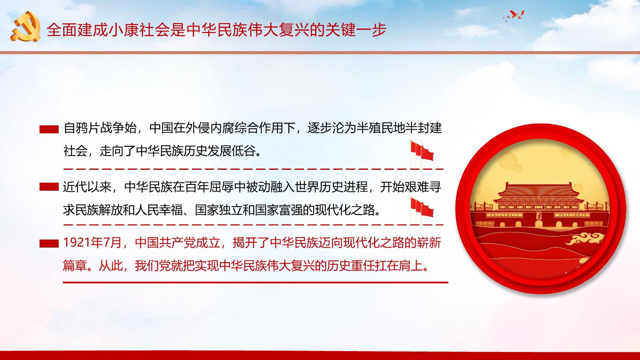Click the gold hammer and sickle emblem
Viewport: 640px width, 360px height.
26,27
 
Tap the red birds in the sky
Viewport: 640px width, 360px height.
514,16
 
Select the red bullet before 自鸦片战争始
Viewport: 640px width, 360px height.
49,129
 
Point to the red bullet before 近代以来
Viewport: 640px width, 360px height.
49,187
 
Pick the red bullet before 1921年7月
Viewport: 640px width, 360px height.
49,244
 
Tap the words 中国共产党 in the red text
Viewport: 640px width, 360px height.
165,243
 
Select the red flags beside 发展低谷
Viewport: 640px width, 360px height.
422,153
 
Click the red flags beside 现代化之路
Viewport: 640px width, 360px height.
422,210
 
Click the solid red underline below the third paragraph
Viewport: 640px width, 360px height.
256,282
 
